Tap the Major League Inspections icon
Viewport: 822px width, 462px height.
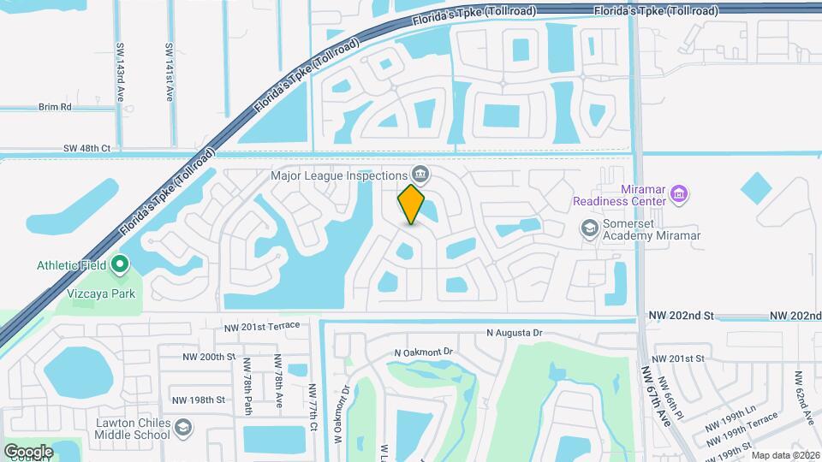point(420,174)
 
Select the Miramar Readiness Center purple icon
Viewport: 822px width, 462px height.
point(679,193)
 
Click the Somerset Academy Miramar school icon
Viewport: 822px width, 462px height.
point(589,228)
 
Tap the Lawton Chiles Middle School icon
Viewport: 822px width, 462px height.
point(183,427)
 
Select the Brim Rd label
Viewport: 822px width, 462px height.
point(55,107)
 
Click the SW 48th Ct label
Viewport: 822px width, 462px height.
point(87,148)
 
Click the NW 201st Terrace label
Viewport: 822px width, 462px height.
point(263,326)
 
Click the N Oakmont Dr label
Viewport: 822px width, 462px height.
point(423,352)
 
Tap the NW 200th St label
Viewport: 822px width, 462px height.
point(209,357)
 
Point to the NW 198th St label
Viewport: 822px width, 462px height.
point(198,400)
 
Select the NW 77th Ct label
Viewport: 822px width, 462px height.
point(313,399)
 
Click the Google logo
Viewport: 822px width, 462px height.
point(28,451)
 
